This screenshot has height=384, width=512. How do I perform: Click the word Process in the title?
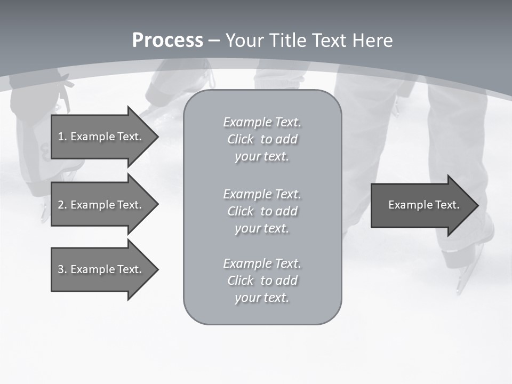click(167, 41)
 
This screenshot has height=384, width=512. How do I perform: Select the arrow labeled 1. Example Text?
click(101, 137)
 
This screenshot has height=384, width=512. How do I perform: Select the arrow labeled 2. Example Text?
click(101, 205)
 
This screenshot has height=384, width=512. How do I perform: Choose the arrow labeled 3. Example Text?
click(101, 269)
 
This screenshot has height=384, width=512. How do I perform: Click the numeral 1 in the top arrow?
click(61, 137)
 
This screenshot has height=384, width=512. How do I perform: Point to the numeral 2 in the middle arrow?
click(61, 205)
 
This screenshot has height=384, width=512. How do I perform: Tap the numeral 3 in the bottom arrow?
click(61, 269)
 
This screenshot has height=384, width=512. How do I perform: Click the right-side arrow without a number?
click(421, 205)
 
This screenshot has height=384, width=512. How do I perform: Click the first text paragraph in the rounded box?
click(262, 139)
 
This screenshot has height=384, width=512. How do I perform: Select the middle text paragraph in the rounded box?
click(262, 211)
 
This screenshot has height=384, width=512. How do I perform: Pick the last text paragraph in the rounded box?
click(262, 281)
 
